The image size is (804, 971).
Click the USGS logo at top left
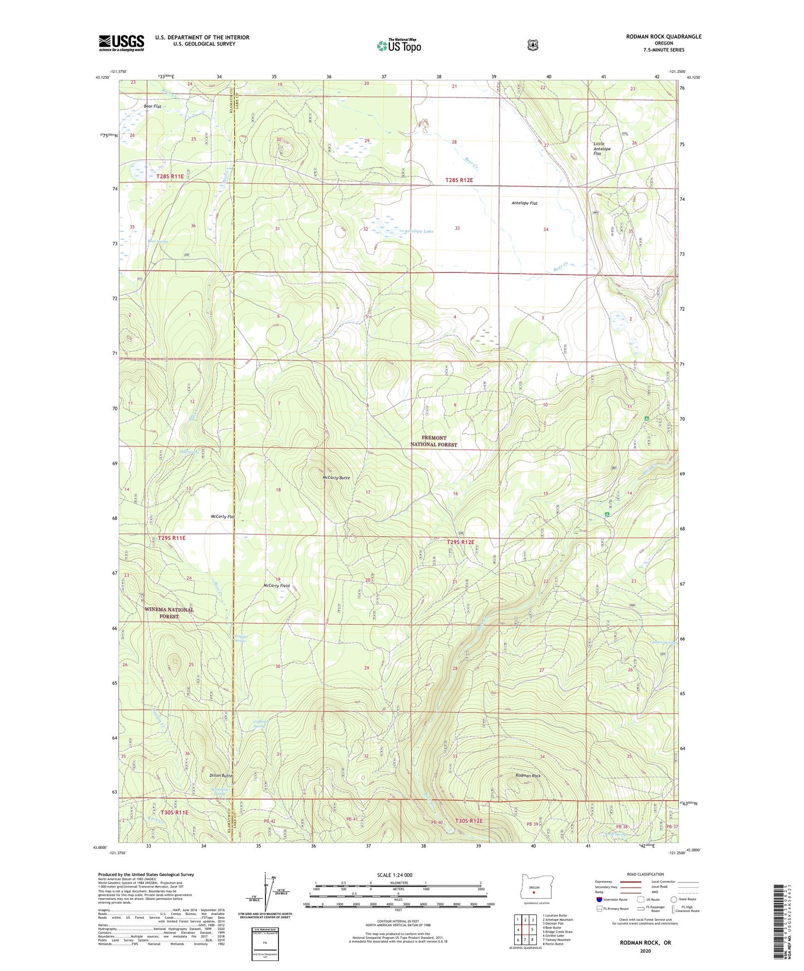(x=121, y=43)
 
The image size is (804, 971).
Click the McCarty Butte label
(x=336, y=478)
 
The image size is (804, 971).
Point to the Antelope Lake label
(x=418, y=231)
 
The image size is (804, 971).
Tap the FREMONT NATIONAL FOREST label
(x=433, y=441)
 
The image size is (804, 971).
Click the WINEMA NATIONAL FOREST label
(x=169, y=613)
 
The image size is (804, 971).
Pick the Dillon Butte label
(x=221, y=775)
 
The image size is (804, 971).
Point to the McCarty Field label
(x=277, y=586)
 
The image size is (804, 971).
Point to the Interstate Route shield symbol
(x=599, y=899)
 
